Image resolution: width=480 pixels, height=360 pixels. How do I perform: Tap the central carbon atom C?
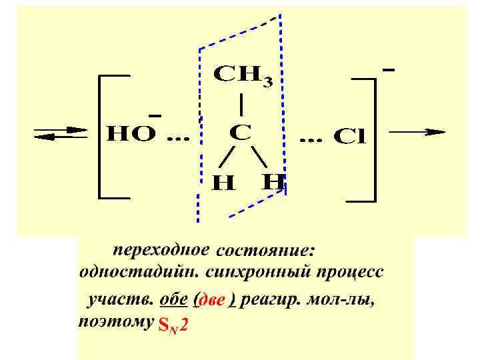coord(241,133)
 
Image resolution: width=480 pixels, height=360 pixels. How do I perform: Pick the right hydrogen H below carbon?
coord(274,181)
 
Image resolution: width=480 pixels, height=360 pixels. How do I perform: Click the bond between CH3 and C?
coord(241,105)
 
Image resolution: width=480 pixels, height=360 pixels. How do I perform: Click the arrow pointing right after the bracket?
coord(417,132)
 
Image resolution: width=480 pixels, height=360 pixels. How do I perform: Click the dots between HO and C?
coord(177,140)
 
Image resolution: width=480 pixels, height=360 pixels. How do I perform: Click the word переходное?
coord(162,251)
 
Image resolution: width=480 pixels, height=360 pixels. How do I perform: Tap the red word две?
coord(213,301)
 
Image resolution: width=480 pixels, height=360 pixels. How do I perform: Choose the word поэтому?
coord(114,323)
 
